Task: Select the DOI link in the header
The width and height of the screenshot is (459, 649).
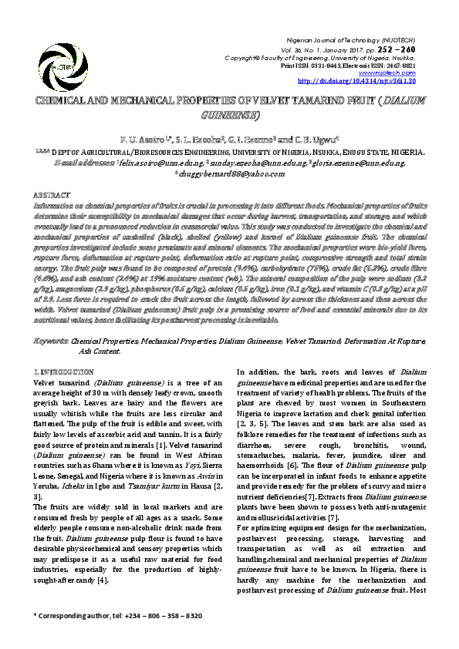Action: click(x=356, y=80)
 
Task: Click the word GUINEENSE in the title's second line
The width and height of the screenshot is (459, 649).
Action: click(x=229, y=114)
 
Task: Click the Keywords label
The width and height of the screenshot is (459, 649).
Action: click(x=52, y=340)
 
